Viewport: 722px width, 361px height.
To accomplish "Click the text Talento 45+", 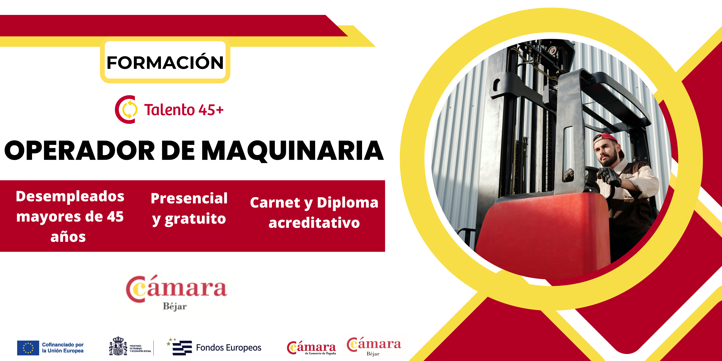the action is coord(184,110).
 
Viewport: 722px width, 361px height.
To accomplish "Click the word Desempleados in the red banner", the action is coord(70,196).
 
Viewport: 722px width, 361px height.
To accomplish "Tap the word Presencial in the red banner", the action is coord(189,198).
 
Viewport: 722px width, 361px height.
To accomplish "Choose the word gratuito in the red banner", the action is coord(195,219).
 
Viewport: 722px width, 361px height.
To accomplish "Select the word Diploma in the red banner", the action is coord(348,203).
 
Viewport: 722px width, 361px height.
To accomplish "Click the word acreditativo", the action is coord(314,223).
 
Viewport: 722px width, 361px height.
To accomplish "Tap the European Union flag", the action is coord(28,348).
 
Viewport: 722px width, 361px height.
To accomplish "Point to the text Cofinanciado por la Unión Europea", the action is coord(63,348).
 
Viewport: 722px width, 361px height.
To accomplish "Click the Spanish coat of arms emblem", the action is coord(118,346).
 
